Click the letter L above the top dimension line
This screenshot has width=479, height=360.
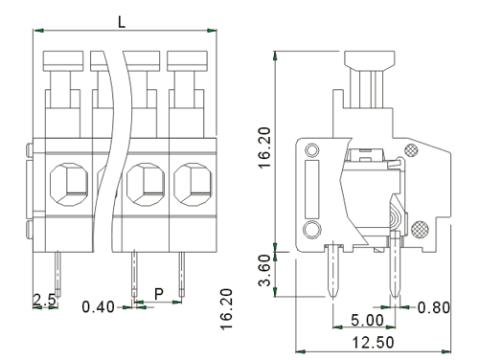coord(122,22)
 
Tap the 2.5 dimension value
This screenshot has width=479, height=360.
coord(44,300)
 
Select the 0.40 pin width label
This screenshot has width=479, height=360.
coord(98,307)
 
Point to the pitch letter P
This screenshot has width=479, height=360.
coord(159,294)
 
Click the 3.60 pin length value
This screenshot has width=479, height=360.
coord(264,270)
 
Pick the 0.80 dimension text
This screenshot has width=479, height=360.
coord(434,307)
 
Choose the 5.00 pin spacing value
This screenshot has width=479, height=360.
coord(367,320)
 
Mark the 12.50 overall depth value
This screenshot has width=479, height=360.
coord(373,343)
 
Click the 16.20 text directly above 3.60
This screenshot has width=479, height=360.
coord(264,147)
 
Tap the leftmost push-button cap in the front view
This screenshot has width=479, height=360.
coord(63,61)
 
